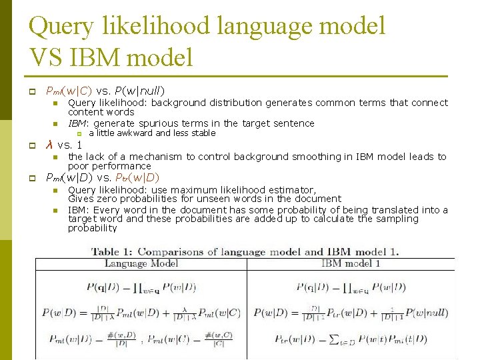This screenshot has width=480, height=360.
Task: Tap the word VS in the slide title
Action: coord(49,57)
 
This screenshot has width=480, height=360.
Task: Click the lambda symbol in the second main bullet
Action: coord(49,145)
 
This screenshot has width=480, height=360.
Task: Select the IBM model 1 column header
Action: coord(351,264)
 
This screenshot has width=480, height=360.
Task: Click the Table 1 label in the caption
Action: coord(111,252)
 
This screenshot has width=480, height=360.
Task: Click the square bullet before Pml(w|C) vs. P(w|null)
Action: coord(31,91)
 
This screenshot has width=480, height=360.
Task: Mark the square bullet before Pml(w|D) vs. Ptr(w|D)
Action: coord(31,178)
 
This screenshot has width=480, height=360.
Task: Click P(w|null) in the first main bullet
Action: coord(140,91)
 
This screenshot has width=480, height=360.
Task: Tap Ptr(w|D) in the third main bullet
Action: coord(137,178)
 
